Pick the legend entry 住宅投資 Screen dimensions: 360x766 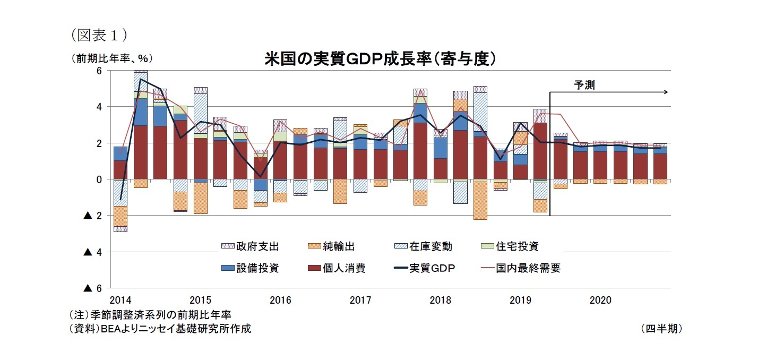coord(517,246)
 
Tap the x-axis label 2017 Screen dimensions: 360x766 coord(360,301)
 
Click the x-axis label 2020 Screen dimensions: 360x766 coord(600,301)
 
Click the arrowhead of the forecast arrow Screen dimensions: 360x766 coord(665,92)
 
